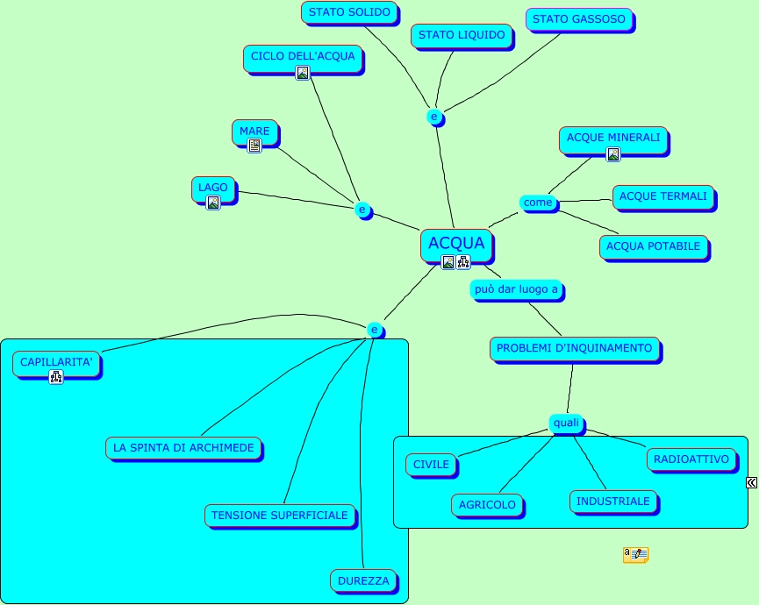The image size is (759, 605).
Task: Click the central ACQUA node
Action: point(456,243)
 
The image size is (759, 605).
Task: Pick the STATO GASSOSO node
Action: point(578,19)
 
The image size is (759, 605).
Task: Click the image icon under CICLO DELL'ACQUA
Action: point(303,73)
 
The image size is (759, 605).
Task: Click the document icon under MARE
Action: point(254,146)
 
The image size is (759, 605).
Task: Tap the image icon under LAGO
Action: point(213,203)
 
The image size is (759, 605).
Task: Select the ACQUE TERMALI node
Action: point(662,197)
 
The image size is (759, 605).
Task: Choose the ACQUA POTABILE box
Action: point(653,247)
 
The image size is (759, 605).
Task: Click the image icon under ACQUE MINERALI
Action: point(613,154)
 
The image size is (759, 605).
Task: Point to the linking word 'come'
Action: point(538,203)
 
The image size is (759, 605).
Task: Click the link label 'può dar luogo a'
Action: point(516,289)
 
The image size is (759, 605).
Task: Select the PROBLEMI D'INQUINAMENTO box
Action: point(574,349)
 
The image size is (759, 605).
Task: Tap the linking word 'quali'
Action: point(566,423)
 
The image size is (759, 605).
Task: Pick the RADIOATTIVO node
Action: point(691,459)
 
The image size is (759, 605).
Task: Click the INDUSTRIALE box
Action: point(612,502)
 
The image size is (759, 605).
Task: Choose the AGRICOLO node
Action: point(487,505)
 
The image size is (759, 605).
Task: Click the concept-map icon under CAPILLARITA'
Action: point(56,377)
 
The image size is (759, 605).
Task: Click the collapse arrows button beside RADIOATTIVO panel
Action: point(752,482)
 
